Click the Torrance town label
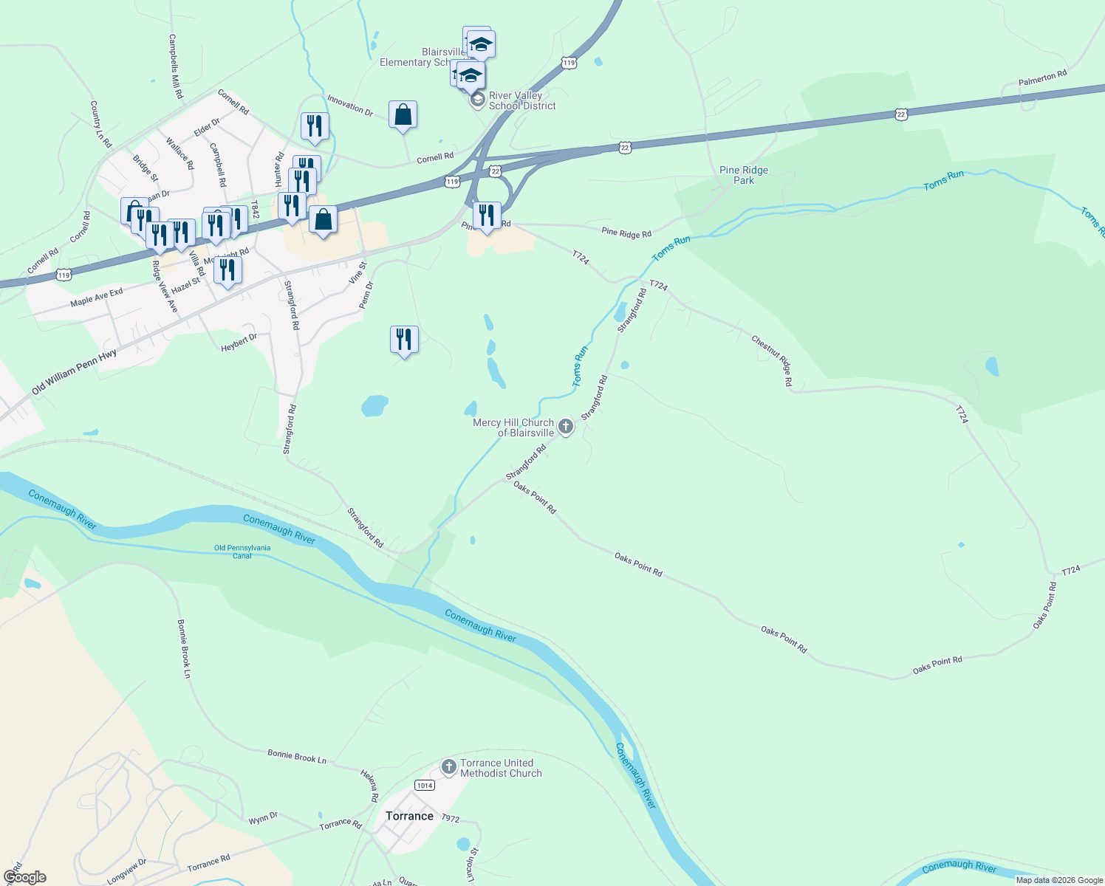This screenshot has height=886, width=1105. click(409, 816)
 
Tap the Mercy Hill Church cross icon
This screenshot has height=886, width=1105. click(566, 427)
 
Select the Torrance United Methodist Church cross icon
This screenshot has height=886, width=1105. click(448, 767)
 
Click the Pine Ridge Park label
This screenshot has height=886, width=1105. click(744, 175)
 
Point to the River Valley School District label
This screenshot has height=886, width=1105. click(522, 100)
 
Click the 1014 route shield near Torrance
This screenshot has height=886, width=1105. click(424, 785)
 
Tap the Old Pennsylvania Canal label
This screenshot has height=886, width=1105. click(242, 552)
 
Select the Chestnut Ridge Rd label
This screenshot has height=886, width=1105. click(772, 360)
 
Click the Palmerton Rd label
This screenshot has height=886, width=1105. click(1042, 78)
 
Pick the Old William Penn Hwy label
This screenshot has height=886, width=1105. click(74, 372)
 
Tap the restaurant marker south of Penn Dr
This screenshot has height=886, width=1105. click(404, 340)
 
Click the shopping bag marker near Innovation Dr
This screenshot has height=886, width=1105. click(403, 115)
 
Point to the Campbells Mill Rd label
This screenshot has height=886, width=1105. click(176, 66)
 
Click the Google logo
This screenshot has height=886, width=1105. click(24, 877)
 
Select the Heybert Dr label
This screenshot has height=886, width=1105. click(239, 343)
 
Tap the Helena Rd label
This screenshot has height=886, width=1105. click(369, 786)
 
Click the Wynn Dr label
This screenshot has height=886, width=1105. click(263, 818)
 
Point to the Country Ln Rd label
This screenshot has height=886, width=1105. click(100, 124)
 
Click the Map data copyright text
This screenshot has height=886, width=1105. click(1059, 880)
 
